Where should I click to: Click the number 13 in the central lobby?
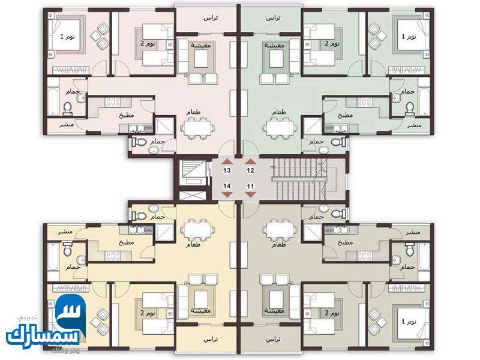[227, 171]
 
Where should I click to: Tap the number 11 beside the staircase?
[250, 187]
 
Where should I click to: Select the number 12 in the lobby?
[250, 171]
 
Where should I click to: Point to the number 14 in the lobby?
[227, 187]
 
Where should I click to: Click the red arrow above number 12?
[250, 161]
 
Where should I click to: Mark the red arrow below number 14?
[227, 196]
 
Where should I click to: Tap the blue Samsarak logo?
[47, 327]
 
